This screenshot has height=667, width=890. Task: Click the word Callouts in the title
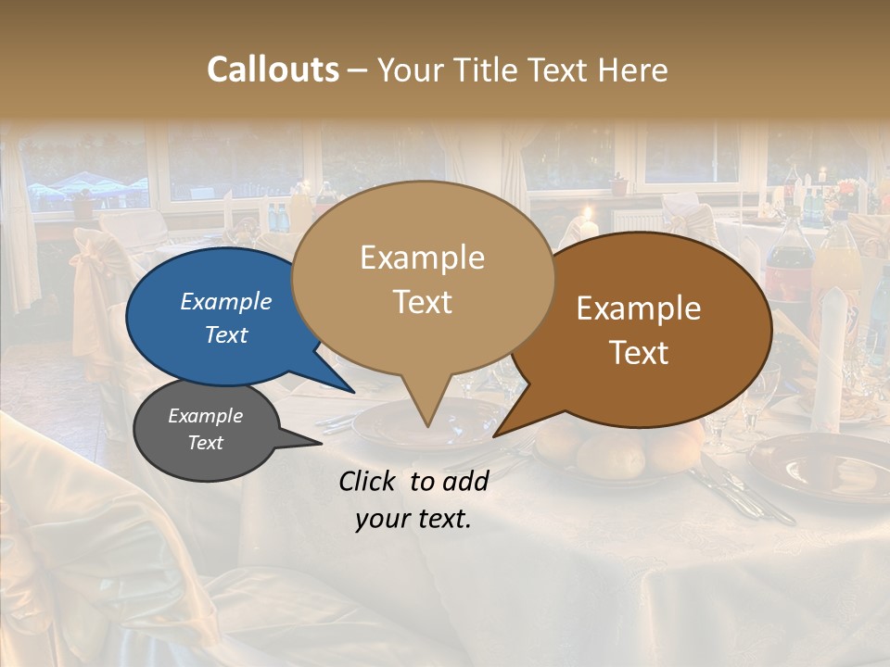click(273, 69)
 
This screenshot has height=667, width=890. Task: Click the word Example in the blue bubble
click(225, 302)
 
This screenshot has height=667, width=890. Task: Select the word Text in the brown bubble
click(640, 353)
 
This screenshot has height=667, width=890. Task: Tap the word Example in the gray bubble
click(205, 416)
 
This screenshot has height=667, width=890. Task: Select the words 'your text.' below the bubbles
click(413, 520)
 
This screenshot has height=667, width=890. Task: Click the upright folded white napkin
click(831, 352)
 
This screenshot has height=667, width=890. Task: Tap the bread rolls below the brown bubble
click(612, 451)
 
